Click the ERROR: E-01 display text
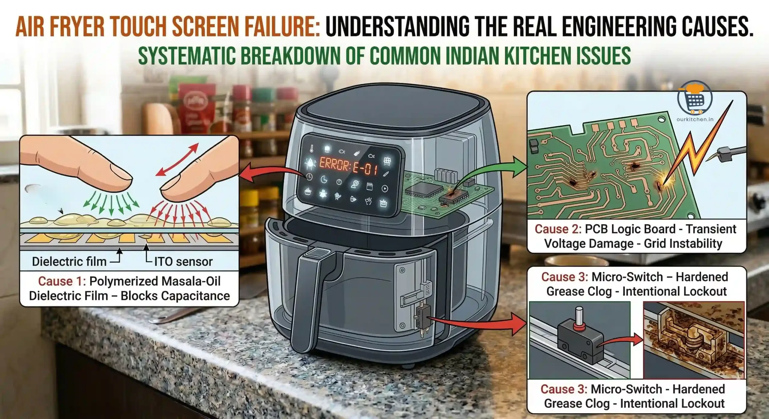pos(348,166)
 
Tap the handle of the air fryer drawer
pos(309,300)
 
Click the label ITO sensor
pos(183,262)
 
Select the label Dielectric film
pos(69,262)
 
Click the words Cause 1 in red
pos(62,282)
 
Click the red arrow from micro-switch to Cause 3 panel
pos(481,324)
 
